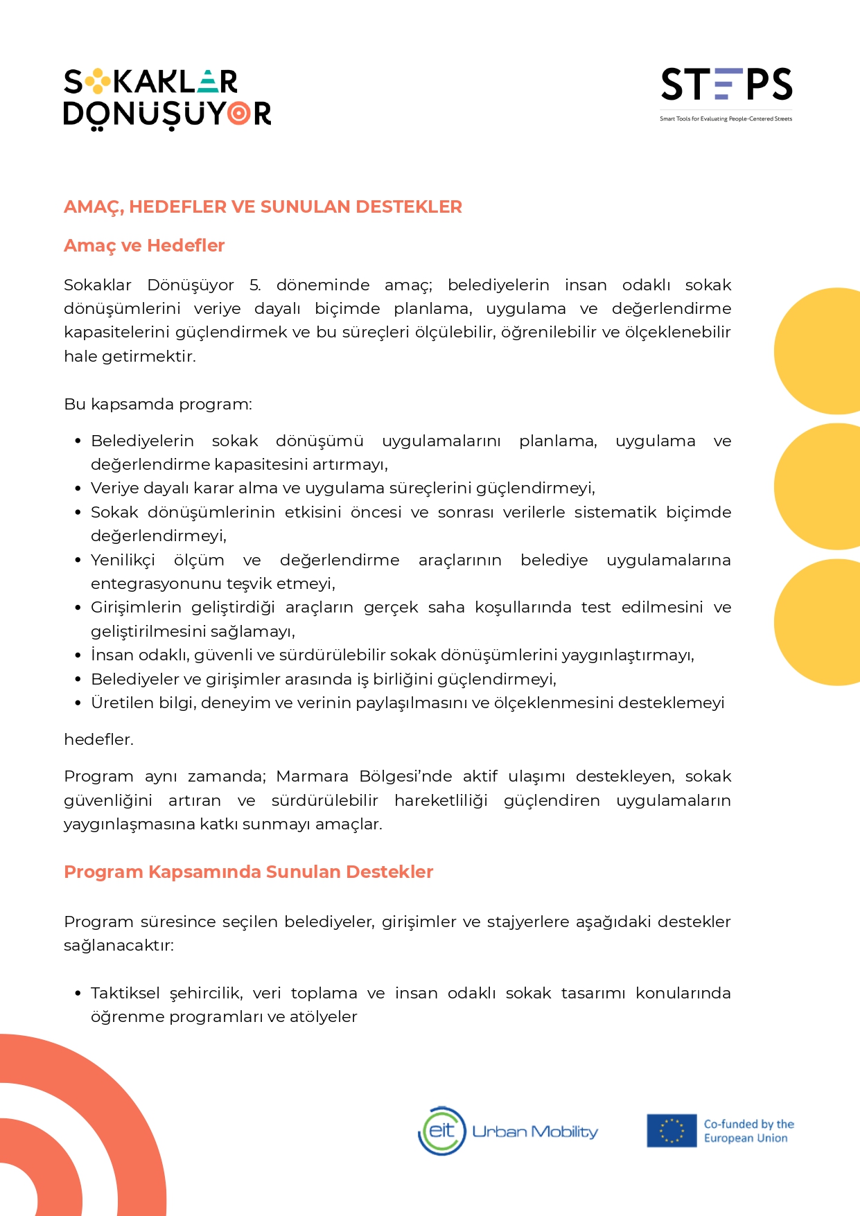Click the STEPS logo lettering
(726, 85)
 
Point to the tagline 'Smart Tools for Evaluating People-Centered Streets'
(726, 119)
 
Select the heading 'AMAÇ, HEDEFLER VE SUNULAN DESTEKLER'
(263, 206)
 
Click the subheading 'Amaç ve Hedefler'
(144, 245)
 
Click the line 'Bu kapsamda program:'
(158, 404)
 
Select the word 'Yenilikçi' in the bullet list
(123, 560)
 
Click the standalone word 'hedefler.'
(98, 739)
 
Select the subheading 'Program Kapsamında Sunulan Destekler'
(248, 872)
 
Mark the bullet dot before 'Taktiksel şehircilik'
(78, 994)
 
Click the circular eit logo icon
(442, 1131)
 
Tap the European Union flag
(671, 1131)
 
